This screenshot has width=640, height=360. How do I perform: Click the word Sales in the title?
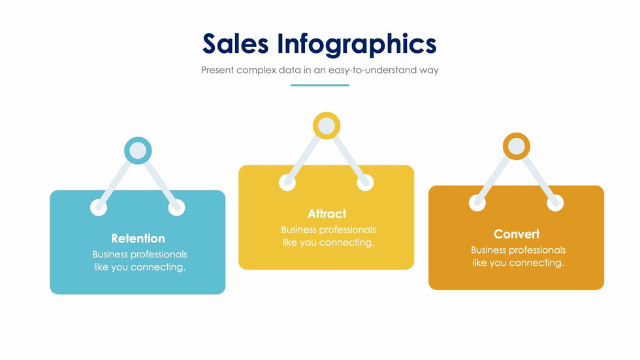(236, 44)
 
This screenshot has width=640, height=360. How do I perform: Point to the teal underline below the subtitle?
(319, 86)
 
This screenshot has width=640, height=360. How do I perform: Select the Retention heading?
(138, 238)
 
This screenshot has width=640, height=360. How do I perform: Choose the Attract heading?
(327, 214)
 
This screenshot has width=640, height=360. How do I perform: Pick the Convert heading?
(517, 234)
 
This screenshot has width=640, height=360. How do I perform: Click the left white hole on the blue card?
(99, 207)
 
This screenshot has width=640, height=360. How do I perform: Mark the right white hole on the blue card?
(176, 207)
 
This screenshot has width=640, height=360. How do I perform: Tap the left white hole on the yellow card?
(287, 182)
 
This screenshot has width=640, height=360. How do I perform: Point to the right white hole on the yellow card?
(365, 182)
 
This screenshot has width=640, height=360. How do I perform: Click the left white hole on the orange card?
(477, 203)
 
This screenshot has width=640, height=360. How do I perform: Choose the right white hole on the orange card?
(555, 203)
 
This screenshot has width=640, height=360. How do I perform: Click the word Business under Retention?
(110, 254)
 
